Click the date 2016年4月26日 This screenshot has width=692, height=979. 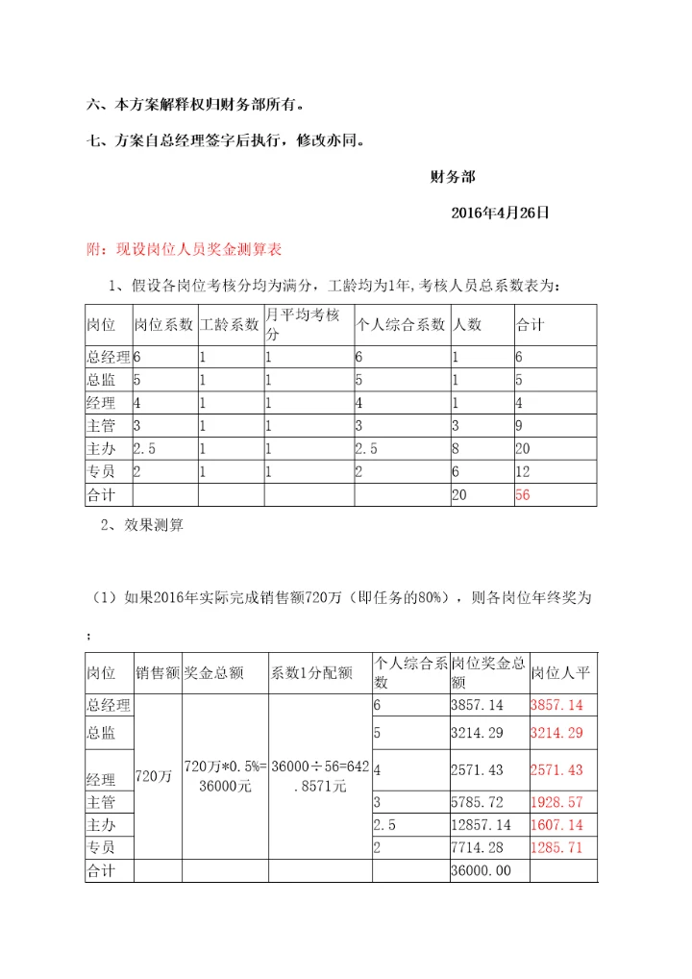[x=500, y=213]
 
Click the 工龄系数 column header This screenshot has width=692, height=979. [x=230, y=324]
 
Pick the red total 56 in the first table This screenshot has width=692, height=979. [x=525, y=494]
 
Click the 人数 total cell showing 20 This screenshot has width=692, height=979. [x=461, y=494]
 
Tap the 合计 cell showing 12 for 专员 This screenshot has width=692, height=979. [x=525, y=471]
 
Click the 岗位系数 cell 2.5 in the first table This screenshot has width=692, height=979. [x=145, y=448]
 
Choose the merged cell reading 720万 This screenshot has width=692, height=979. [x=154, y=776]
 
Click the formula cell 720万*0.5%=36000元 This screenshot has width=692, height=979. [x=225, y=775]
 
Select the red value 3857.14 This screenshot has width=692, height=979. [x=556, y=705]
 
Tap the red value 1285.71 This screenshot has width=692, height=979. [x=556, y=847]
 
